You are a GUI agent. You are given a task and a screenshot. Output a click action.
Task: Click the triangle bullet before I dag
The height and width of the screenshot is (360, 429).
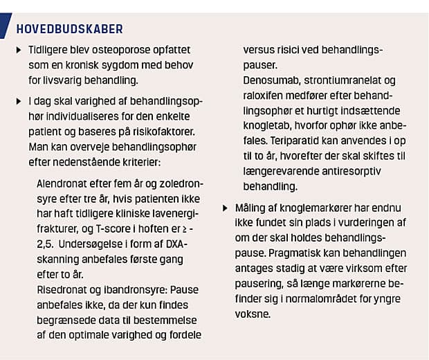(19, 100)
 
